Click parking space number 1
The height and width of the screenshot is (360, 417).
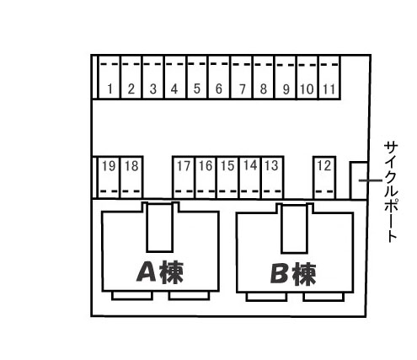(110, 78)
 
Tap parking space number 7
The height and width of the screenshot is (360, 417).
(242, 78)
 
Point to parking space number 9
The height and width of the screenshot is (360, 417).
(286, 78)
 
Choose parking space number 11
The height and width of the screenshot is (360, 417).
(329, 78)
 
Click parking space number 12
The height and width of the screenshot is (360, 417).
(324, 178)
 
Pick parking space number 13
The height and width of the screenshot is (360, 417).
(272, 178)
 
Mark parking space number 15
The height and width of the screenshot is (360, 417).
(228, 178)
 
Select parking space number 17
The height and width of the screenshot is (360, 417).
(184, 178)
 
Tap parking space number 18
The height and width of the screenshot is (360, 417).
(131, 178)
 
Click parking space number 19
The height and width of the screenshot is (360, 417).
(110, 178)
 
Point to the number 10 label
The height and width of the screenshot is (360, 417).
(307, 89)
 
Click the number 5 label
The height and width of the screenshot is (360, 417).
(197, 89)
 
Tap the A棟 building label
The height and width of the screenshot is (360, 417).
(160, 272)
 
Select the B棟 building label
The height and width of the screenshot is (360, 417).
(293, 274)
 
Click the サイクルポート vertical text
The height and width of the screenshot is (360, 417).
(391, 192)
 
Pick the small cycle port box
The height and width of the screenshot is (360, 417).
(359, 180)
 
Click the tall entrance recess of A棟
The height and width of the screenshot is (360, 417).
(160, 228)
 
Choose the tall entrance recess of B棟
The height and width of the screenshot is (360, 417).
(294, 229)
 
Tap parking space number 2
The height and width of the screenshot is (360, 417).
(131, 78)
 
